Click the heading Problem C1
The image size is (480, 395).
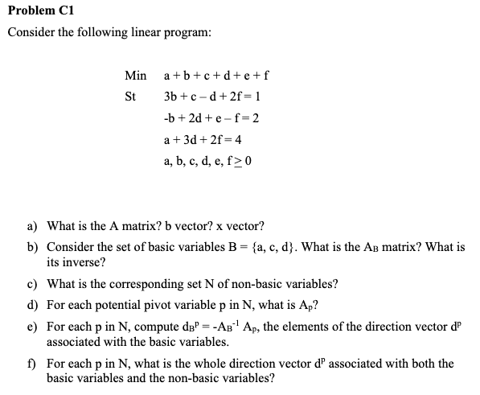(x=37, y=10)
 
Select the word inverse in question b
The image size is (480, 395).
(x=84, y=262)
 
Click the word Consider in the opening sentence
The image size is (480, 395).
(x=31, y=32)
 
